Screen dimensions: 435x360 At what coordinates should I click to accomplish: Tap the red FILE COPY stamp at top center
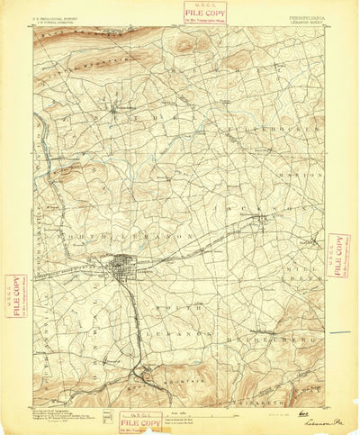(204, 13)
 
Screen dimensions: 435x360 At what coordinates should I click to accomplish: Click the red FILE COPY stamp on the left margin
(15, 295)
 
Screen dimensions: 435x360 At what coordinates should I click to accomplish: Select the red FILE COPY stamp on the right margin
(339, 255)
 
